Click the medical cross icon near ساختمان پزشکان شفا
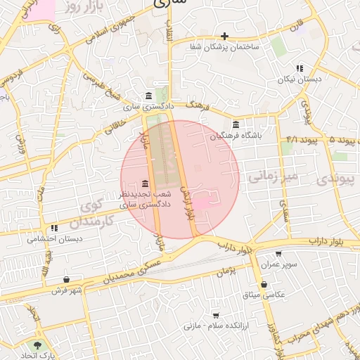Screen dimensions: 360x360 tap(225, 36)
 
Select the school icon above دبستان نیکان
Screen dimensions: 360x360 tap(300, 69)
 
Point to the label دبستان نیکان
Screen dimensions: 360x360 tap(299, 79)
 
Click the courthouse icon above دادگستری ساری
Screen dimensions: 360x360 tap(148, 96)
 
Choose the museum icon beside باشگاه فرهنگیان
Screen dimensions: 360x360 tap(236, 125)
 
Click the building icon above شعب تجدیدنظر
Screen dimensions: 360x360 tap(145, 184)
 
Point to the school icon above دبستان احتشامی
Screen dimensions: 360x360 tap(54, 228)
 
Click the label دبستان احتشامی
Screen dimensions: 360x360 tap(54, 238)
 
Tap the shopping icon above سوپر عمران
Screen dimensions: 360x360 tap(279, 254)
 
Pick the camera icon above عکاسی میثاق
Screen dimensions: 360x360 tap(264, 284)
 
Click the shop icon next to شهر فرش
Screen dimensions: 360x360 tap(66, 279)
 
